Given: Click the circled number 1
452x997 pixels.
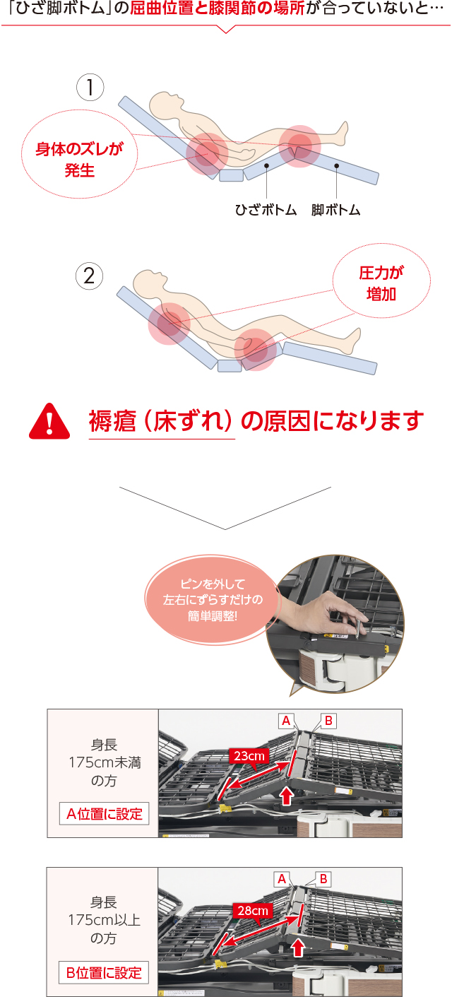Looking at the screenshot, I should click(x=90, y=88).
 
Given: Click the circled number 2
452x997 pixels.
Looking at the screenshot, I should click(x=90, y=276).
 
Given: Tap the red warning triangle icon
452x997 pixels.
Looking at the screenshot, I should click(x=49, y=422).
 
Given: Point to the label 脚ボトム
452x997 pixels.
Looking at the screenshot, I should click(x=335, y=211).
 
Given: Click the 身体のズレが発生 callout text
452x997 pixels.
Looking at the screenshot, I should click(x=79, y=160).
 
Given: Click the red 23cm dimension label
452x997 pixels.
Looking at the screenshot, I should click(x=249, y=756).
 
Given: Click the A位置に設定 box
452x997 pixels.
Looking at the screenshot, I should click(x=104, y=814).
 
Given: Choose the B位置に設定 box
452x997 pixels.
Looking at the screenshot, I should click(x=104, y=972).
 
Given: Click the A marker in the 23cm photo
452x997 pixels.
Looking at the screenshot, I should click(x=287, y=720).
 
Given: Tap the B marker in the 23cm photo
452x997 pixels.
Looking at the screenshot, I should click(x=328, y=720).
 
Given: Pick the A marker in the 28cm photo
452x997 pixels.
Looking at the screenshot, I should click(x=282, y=878).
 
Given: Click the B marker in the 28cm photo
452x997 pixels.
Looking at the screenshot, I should click(x=323, y=878).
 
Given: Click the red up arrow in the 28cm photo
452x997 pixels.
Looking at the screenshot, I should click(x=299, y=947).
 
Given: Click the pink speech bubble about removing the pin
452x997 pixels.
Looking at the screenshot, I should click(x=211, y=601).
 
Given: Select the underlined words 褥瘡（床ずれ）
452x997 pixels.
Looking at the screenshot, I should click(x=161, y=421).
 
